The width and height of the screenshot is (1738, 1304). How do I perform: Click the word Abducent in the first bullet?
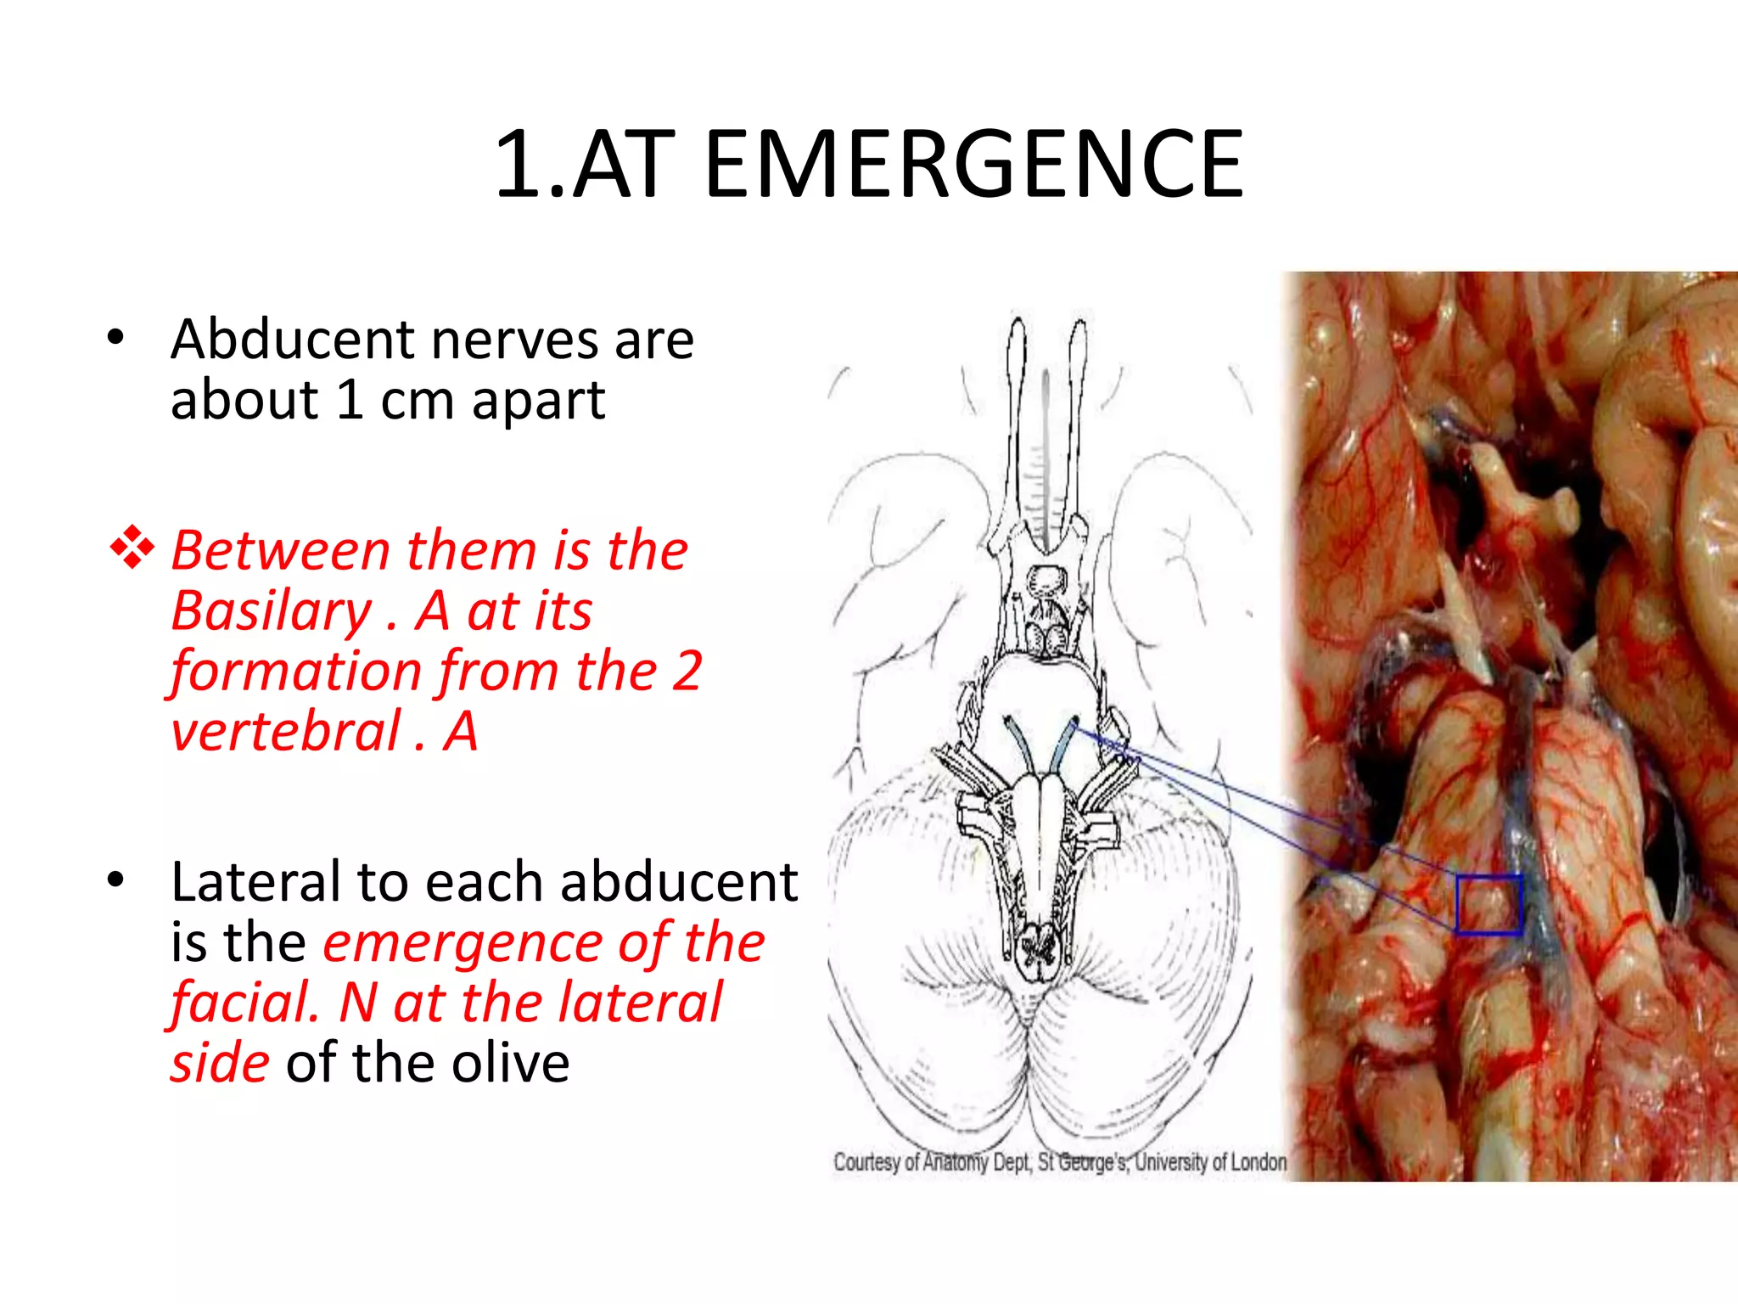pos(291,340)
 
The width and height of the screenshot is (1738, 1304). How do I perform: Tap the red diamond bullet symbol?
pos(132,548)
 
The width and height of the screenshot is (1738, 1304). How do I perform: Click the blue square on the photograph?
pos(1489,905)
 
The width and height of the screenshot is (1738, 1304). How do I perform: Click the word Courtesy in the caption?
pos(866,1161)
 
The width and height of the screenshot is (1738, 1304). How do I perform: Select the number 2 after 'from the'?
pos(687,671)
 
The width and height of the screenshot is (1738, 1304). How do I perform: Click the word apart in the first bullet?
pos(538,400)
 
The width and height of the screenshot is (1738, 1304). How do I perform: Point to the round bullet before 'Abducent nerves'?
pos(116,338)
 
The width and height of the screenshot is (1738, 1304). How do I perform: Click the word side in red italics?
pos(220,1063)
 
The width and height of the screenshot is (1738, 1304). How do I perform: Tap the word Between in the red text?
pos(280,550)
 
